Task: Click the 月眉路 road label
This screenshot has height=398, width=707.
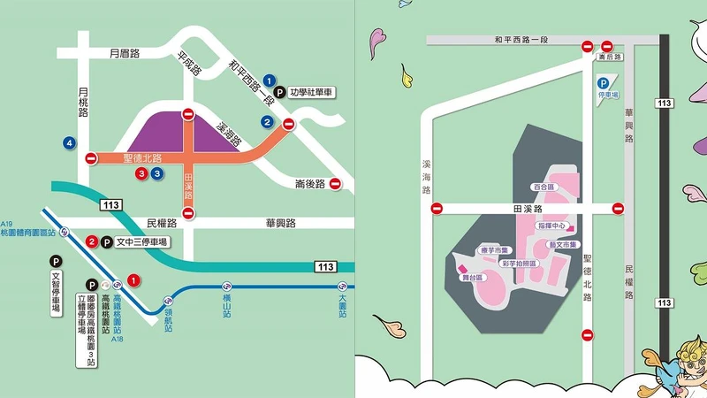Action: pyautogui.click(x=125, y=53)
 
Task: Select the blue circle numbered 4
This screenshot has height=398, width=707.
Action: pyautogui.click(x=68, y=142)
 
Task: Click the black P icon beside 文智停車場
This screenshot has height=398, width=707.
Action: pyautogui.click(x=56, y=262)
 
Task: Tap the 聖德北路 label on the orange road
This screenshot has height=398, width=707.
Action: pyautogui.click(x=144, y=158)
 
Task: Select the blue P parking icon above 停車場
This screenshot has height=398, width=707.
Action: pyautogui.click(x=603, y=83)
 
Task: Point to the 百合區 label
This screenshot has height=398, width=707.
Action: pyautogui.click(x=542, y=188)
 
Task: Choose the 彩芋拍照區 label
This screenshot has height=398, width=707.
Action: pyautogui.click(x=519, y=263)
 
